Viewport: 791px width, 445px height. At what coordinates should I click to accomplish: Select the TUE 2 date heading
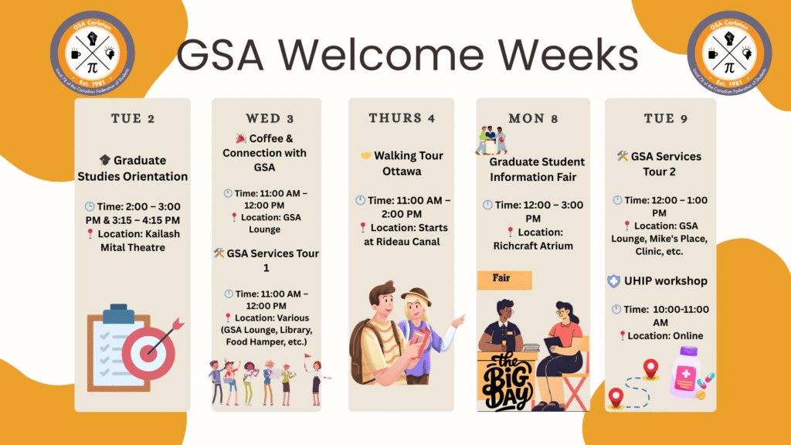pyautogui.click(x=132, y=119)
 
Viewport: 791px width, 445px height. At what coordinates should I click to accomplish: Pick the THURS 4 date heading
pyautogui.click(x=402, y=118)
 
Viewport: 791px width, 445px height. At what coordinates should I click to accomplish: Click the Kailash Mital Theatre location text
pyautogui.click(x=132, y=240)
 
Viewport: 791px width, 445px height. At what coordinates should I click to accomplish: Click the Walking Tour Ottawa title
pyautogui.click(x=402, y=163)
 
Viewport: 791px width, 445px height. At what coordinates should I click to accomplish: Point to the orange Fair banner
pyautogui.click(x=504, y=280)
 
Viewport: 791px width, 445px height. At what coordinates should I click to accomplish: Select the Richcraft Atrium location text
pyautogui.click(x=533, y=246)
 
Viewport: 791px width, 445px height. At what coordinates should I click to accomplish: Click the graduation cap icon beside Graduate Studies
pyautogui.click(x=104, y=161)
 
